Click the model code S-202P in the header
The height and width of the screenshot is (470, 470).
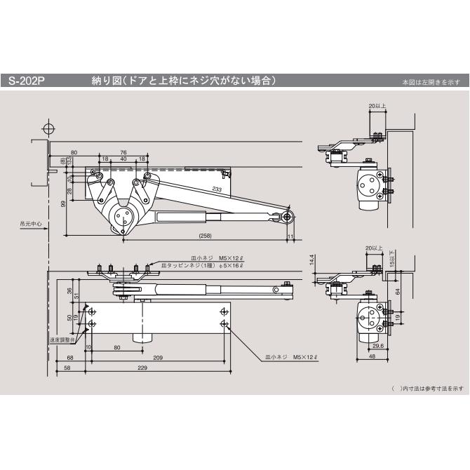coord(27,81)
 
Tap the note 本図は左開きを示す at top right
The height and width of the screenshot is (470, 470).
coord(431,83)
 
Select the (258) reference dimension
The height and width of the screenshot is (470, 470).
coord(205,236)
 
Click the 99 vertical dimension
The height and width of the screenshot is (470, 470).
coord(62,203)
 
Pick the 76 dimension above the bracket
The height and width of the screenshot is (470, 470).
coord(123,152)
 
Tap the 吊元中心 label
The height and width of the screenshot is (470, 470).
coord(30,225)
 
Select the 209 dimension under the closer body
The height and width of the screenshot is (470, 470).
coord(158,358)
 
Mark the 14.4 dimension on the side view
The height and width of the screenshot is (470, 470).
coord(311,260)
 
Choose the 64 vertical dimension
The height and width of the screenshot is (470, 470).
coord(397,291)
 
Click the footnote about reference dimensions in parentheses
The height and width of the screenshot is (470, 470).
coord(427,388)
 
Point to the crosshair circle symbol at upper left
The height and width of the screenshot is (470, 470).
coord(48,129)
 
